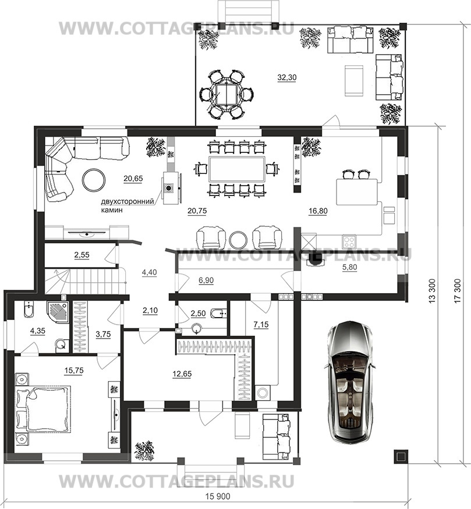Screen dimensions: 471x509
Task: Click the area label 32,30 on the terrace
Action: pos(287,77)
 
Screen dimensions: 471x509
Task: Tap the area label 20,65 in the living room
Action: pos(133,178)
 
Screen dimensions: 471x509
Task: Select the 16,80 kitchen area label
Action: pos(318,211)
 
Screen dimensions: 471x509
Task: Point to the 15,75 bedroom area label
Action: pos(74,371)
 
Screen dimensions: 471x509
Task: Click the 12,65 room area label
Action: pos(182,374)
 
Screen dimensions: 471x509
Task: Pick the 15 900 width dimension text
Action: pos(218,496)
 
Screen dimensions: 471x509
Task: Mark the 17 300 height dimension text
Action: pos(458,291)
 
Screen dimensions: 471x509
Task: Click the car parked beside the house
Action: pos(352,382)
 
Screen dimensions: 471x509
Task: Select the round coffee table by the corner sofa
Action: pos(94,180)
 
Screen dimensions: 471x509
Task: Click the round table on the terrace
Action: pos(226,94)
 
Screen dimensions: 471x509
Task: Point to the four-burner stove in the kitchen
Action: pos(349,241)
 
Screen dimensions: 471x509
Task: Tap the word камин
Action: pos(112,210)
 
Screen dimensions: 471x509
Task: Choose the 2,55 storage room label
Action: pos(82,255)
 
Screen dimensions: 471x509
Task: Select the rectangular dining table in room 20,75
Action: pos(238,169)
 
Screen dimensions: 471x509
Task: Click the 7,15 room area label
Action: pos(261,324)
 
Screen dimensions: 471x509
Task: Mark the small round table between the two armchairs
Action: pos(238,239)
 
